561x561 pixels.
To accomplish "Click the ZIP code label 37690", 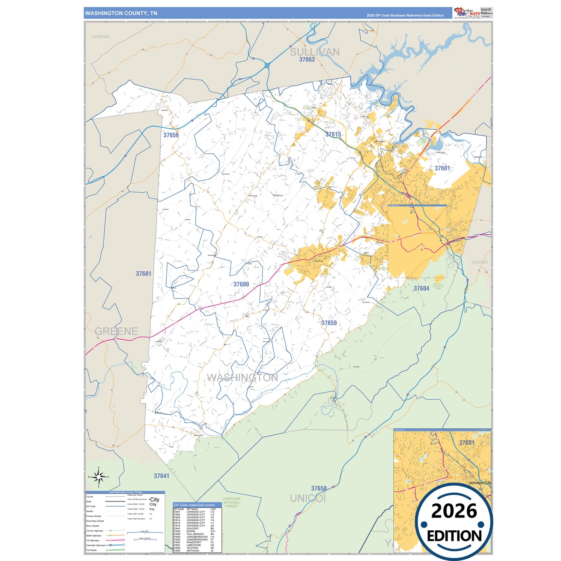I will [241, 284].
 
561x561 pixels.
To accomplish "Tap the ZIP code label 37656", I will [171, 135].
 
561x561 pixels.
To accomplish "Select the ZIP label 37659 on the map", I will [329, 323].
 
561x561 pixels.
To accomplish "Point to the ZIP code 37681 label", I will [143, 274].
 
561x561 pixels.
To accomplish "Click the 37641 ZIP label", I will [162, 476].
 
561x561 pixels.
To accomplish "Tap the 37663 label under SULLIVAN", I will [307, 60].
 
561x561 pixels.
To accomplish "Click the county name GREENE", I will [116, 331].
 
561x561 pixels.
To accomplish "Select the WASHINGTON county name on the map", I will [242, 378].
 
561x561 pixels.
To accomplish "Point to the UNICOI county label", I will [308, 498].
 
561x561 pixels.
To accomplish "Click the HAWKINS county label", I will [101, 37].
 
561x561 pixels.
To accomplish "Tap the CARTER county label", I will [480, 262].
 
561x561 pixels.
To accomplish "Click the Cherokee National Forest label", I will [231, 502].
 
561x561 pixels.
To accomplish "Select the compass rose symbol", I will [99, 477].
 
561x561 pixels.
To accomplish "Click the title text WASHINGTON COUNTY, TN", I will [121, 13].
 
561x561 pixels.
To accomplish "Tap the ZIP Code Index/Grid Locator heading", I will [194, 505].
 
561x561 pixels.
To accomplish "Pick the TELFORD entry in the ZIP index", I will [193, 548].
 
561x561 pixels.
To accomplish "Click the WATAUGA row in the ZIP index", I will [193, 551].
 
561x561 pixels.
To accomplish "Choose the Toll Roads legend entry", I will [92, 550].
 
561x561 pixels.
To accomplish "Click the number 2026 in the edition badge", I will [454, 511].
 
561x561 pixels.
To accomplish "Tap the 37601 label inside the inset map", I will [467, 443].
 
